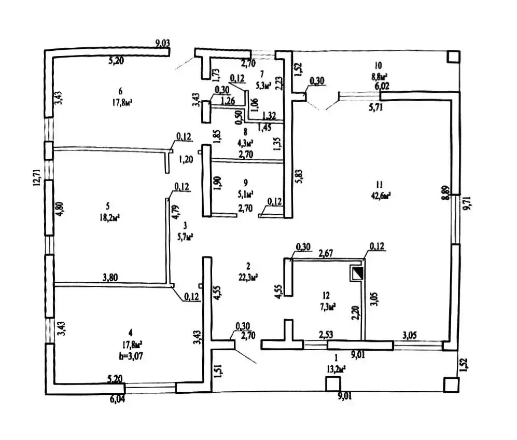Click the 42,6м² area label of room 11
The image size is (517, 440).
click(x=381, y=196)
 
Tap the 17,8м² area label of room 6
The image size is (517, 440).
click(x=122, y=103)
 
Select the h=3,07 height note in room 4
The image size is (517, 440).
click(x=131, y=356)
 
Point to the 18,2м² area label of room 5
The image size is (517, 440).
click(x=109, y=218)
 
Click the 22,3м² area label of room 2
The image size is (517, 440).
click(x=248, y=277)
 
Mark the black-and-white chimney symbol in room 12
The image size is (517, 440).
click(x=357, y=273)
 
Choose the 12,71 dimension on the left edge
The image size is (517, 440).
click(x=37, y=178)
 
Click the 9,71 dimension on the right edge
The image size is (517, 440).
click(x=467, y=203)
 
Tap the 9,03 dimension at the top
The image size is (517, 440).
click(x=162, y=43)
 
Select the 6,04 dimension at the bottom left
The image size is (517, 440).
click(x=117, y=399)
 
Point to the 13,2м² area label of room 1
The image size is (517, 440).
click(x=336, y=369)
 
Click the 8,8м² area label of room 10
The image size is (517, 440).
click(x=379, y=76)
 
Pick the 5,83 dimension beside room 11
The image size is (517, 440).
click(x=299, y=176)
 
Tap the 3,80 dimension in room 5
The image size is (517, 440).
click(x=110, y=278)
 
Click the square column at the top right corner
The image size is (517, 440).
click(x=453, y=57)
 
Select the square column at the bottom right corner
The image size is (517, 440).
click(x=451, y=385)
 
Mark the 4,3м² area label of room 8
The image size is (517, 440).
click(x=245, y=143)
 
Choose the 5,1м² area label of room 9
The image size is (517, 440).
click(x=245, y=194)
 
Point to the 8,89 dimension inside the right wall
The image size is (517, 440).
click(x=446, y=193)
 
